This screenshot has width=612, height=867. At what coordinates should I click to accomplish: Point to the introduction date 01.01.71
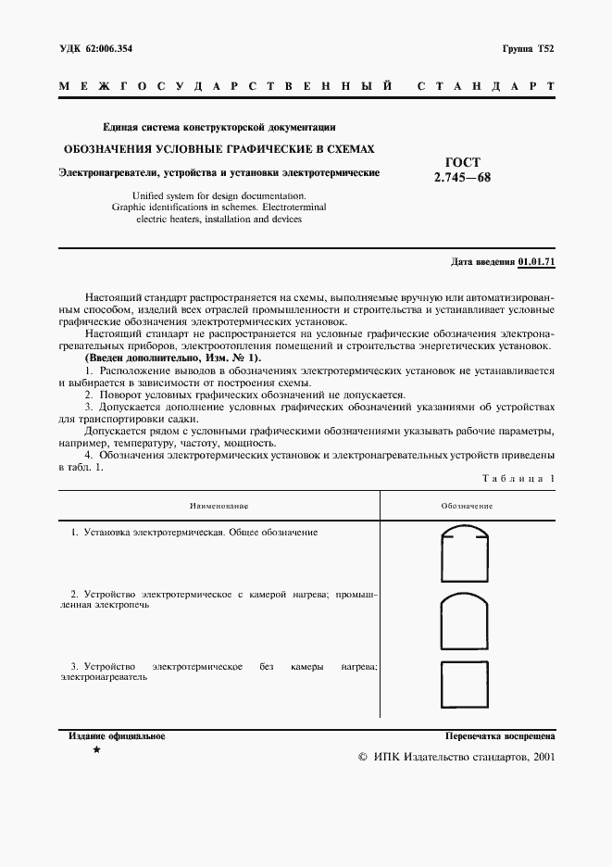pos(537,262)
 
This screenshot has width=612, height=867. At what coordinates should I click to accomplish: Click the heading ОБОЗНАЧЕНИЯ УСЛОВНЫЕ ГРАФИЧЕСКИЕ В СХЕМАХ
pos(219,148)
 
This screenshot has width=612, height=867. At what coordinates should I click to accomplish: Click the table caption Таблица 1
pos(519,478)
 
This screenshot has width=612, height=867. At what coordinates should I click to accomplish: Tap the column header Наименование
pos(219,507)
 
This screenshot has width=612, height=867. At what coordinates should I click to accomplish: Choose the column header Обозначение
pos(467,507)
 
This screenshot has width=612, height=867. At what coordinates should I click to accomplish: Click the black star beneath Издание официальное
pos(97,751)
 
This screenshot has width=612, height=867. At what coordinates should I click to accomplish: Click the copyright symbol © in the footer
pos(363,757)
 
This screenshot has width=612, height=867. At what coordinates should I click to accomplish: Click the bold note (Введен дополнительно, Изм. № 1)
pos(173,358)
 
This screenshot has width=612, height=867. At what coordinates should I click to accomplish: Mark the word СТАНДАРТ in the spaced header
pos(486,86)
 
